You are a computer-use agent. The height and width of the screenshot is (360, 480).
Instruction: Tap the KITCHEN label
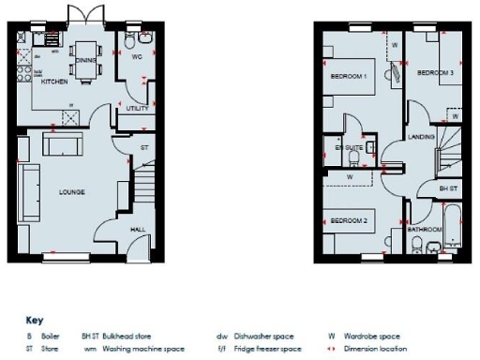[52, 82]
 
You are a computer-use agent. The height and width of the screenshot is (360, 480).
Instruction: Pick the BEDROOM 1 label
[349, 75]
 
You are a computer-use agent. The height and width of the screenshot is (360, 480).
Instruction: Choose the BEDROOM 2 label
[347, 220]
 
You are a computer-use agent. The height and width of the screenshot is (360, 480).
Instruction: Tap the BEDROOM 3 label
[436, 73]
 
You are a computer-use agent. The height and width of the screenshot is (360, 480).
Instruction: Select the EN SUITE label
[350, 147]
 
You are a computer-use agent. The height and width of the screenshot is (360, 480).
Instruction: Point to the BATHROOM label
[425, 228]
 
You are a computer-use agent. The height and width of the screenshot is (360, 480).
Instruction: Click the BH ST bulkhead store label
[449, 188]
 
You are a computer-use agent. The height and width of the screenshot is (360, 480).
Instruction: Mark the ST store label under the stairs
[144, 148]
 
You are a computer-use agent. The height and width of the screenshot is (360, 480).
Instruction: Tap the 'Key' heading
[35, 319]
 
